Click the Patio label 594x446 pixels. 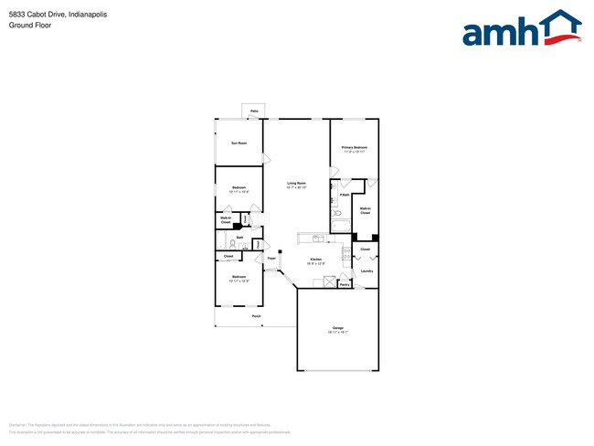253,111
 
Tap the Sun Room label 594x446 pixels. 239,143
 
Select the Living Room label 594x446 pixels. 296,184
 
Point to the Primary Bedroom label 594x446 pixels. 355,148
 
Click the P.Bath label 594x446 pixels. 344,195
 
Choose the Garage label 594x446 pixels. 337,329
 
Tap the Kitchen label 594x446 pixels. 315,260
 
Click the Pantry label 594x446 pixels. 345,284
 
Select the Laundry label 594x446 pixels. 366,271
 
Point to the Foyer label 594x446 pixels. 271,260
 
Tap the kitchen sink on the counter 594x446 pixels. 316,239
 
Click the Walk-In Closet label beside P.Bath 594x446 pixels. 365,211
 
